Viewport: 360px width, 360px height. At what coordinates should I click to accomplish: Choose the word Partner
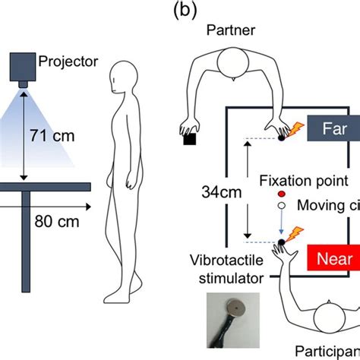(232, 31)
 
